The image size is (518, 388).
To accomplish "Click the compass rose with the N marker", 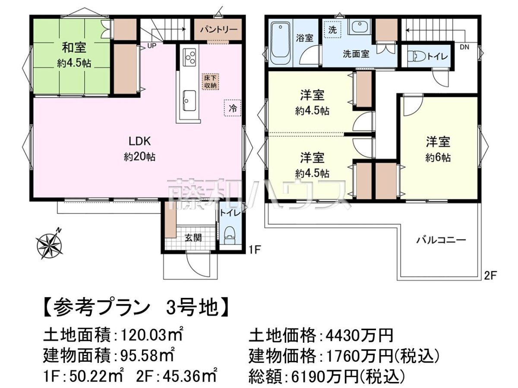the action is pyautogui.click(x=50, y=245).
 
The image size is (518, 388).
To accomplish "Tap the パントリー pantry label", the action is pyautogui.click(x=218, y=30).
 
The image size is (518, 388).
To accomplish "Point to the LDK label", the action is pyautogui.click(x=139, y=141).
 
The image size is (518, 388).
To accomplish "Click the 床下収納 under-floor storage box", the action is pyautogui.click(x=210, y=82).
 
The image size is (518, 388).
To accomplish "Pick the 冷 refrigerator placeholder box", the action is pyautogui.click(x=232, y=108).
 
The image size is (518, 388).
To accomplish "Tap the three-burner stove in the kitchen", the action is pyautogui.click(x=189, y=56).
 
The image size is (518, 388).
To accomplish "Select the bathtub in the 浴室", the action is pyautogui.click(x=280, y=43).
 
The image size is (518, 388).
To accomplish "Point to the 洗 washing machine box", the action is pyautogui.click(x=332, y=29).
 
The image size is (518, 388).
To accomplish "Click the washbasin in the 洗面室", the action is pyautogui.click(x=360, y=27).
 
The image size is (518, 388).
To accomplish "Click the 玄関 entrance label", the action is pyautogui.click(x=193, y=238).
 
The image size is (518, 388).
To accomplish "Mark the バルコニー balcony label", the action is pyautogui.click(x=441, y=240).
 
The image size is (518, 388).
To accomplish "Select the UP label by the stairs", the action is pyautogui.click(x=152, y=46).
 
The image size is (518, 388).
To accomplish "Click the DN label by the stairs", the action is pyautogui.click(x=464, y=47).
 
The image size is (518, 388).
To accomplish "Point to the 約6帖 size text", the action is pyautogui.click(x=438, y=158).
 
